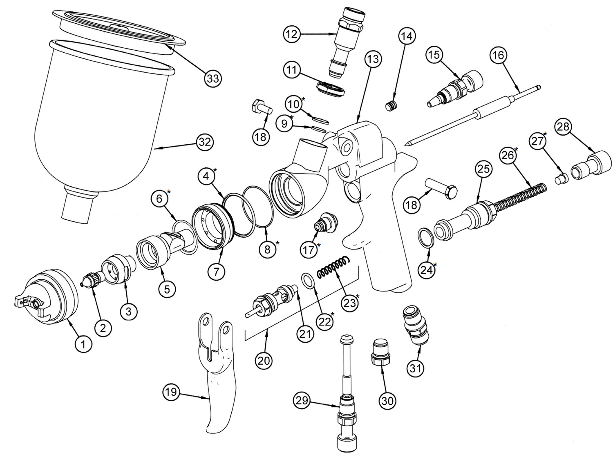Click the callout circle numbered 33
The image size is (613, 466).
pos(213,78)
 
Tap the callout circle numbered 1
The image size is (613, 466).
pos(83,344)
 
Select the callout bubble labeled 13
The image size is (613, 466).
pos(373,59)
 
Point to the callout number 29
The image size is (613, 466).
pos(302,401)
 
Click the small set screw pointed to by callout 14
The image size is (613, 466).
pos(392,106)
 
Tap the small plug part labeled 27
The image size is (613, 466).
pos(562,179)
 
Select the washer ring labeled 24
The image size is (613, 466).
pos(425,237)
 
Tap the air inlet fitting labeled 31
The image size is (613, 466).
pos(416,326)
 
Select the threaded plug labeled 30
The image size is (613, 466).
pos(380,352)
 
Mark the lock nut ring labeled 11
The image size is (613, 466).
pos(331,89)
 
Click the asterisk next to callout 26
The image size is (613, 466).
pos(516,149)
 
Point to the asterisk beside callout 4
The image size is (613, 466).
pos(215,170)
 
